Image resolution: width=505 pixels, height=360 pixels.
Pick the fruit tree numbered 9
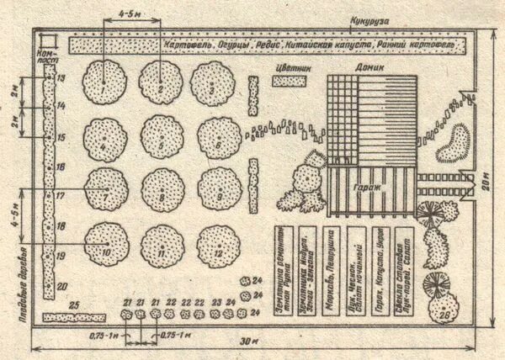218,189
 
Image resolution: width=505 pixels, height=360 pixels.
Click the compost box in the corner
45,40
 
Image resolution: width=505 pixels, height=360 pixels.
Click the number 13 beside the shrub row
61,77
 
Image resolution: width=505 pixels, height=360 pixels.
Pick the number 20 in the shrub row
61,285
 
